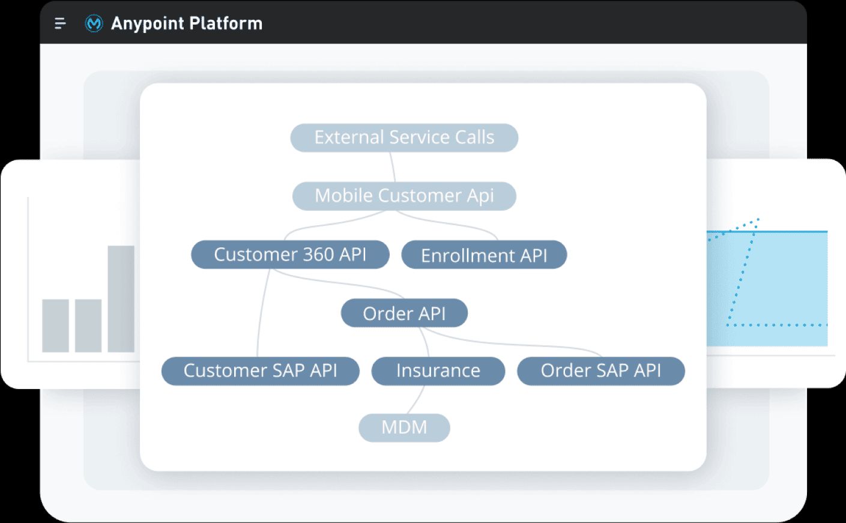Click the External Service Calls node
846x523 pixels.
point(404,138)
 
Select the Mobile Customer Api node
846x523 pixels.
point(404,196)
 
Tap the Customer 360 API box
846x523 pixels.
point(290,255)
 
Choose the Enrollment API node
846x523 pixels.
point(484,255)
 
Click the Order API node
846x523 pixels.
point(404,313)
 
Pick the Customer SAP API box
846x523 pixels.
point(260,370)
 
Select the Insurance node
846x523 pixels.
point(438,370)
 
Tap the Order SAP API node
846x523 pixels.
point(600,370)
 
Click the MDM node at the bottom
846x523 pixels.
point(404,428)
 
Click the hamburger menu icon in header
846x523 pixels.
point(60,23)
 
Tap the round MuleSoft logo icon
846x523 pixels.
point(94,23)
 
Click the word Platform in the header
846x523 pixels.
point(226,23)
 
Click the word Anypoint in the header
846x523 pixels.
point(147,23)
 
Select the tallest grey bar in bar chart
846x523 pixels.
point(121,298)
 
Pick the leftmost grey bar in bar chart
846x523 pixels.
point(55,325)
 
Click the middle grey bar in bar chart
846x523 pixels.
point(88,325)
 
